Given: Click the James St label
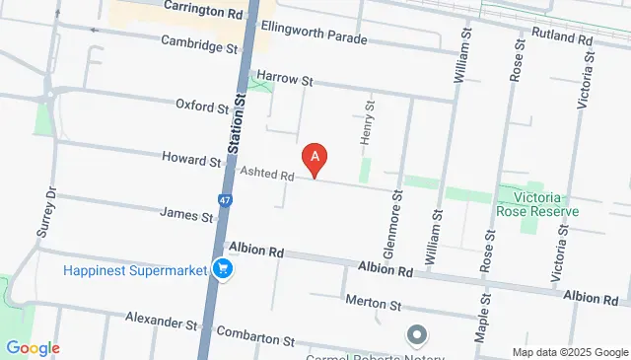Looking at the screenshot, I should tap(186, 212).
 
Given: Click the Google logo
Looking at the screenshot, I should tap(32, 348).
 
